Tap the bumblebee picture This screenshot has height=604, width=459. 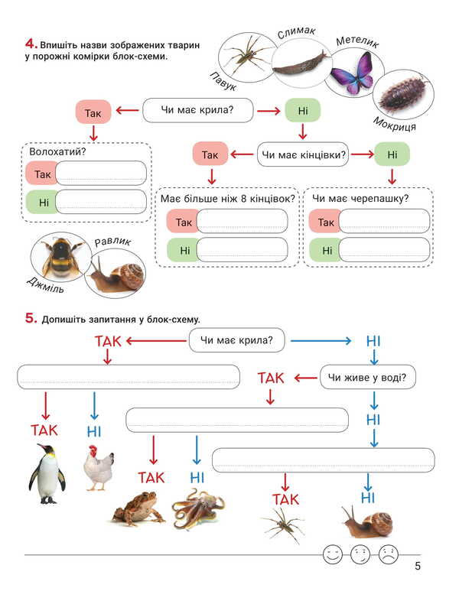tap(58, 258)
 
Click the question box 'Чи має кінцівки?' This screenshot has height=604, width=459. tap(304, 155)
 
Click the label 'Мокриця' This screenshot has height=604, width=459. tap(395, 125)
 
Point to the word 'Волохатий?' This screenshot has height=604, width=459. tap(57, 151)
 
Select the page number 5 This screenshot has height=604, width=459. tap(418, 567)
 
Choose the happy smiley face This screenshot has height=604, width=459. tap(331, 554)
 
